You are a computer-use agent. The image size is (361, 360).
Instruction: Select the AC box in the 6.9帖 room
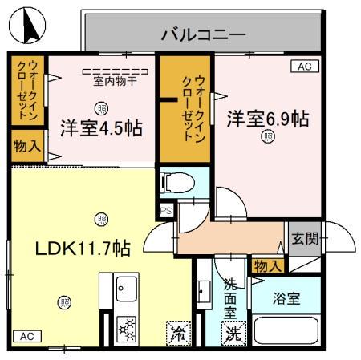point(303,67)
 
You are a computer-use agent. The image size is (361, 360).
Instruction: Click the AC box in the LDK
point(24,335)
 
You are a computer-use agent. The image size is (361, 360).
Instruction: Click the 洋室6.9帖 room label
point(267,118)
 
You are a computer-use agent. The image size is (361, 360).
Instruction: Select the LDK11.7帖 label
point(82,248)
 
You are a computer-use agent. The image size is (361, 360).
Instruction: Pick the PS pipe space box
point(166,211)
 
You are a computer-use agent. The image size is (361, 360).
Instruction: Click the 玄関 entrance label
point(304,237)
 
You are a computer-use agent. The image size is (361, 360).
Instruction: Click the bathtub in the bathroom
point(285,332)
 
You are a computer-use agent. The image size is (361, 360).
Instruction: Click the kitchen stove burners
point(128,330)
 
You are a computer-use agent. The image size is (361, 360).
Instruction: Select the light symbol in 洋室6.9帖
point(266,137)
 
